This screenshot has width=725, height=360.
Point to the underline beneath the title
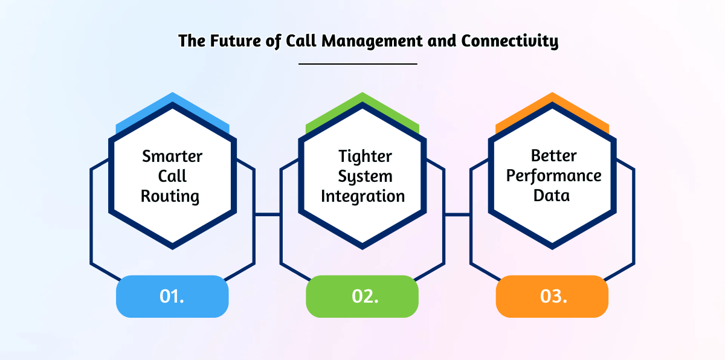[x=358, y=63]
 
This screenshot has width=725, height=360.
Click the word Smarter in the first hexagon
[x=172, y=156]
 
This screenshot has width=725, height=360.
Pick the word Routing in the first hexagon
[x=170, y=196]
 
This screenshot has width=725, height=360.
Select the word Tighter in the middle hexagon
[x=365, y=156]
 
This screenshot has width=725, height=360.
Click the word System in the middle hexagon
[x=365, y=176]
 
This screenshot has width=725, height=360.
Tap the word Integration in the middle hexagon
[x=362, y=196]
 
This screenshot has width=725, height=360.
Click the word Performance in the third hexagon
[x=553, y=176]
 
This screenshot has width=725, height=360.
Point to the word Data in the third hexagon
[x=551, y=196]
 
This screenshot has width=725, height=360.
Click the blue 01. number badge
[x=172, y=297]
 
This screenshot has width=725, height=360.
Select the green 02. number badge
[x=362, y=297]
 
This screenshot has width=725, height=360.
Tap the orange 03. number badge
[x=552, y=297]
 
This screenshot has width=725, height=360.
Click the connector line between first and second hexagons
[x=268, y=214]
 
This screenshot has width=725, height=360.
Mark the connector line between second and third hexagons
[x=457, y=214]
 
